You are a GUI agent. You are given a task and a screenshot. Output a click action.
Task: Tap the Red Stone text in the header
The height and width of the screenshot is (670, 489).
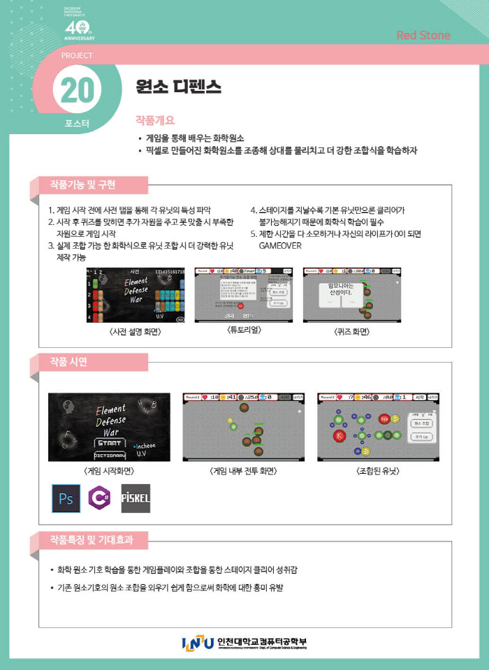click(423, 36)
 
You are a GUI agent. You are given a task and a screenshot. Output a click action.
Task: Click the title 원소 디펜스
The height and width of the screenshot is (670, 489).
click(180, 87)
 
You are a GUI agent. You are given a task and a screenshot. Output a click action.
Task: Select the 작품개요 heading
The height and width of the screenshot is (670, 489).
click(155, 120)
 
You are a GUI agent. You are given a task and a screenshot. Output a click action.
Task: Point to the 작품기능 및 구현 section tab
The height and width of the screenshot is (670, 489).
click(82, 185)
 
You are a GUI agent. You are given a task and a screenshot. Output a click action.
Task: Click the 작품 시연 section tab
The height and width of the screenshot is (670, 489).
click(68, 361)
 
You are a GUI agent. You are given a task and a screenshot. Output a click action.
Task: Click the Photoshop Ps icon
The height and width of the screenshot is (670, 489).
click(66, 498)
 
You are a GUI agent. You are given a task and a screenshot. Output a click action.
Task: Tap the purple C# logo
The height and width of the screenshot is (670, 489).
click(101, 498)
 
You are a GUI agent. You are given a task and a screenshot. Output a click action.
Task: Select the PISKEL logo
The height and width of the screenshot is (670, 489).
click(136, 498)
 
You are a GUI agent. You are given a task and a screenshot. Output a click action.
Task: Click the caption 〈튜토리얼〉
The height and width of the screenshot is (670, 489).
click(244, 330)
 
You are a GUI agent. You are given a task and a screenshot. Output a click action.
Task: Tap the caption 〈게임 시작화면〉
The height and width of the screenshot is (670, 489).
click(108, 471)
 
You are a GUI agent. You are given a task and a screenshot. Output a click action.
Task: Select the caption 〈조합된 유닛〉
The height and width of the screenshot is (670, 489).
click(379, 471)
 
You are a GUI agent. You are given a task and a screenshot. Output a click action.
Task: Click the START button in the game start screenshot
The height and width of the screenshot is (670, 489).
click(109, 442)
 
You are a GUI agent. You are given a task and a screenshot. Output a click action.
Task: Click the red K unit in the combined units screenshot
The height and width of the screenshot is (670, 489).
click(340, 435)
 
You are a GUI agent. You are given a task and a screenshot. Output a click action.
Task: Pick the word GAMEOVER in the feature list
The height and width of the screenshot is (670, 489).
click(279, 246)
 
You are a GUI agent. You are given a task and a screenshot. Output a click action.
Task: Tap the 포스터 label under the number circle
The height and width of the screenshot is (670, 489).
click(77, 124)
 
